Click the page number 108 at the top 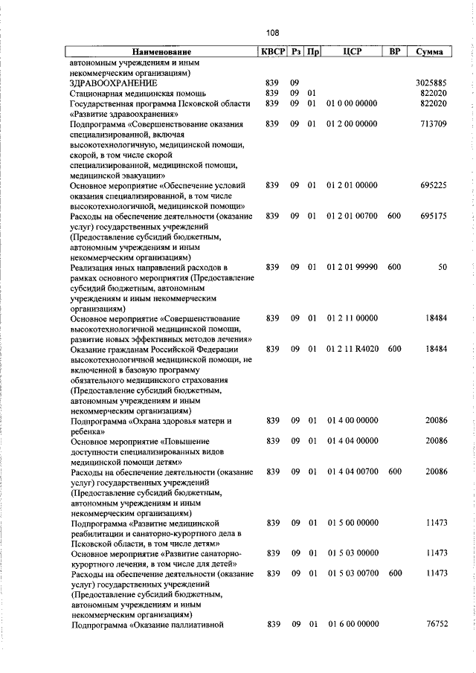coord(272,33)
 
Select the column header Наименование coord(161,52)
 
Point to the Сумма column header coord(431,52)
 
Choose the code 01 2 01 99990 coord(352,266)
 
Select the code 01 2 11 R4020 coord(352,348)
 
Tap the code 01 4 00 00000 coord(352,421)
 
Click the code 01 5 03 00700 coord(352,573)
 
